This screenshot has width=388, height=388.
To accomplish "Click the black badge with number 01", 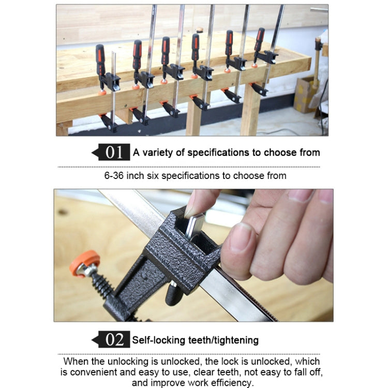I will pos(114,153).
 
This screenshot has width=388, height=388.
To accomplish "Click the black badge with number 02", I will pos(114,340).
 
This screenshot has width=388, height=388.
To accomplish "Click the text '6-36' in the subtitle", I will pos(115,175).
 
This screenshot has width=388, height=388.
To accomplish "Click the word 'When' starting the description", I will pos(76,361).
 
